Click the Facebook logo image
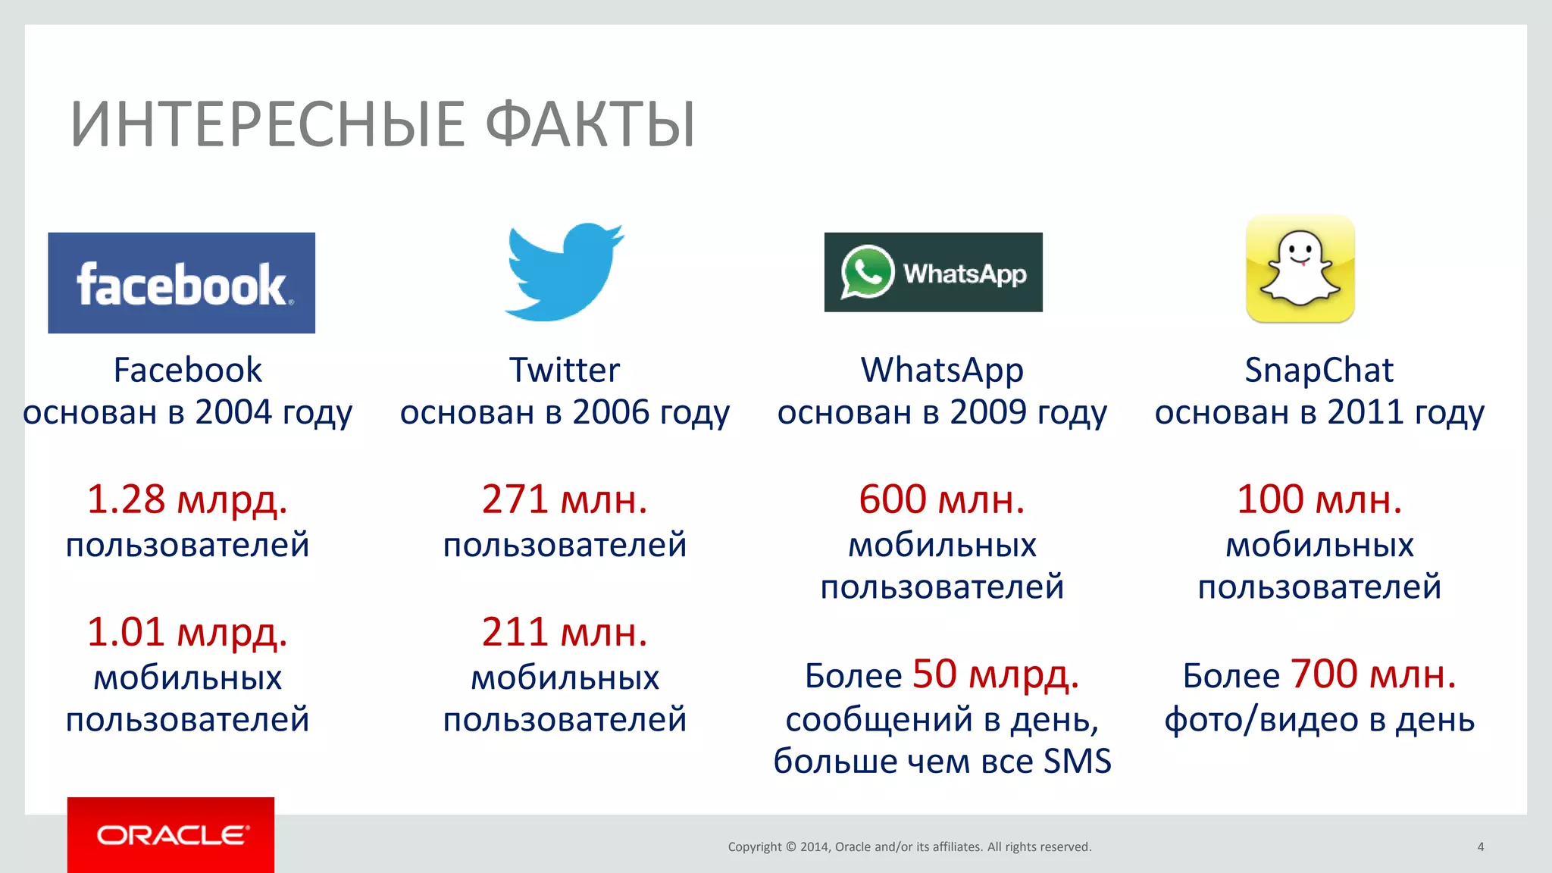click(x=181, y=283)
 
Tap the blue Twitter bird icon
click(x=564, y=271)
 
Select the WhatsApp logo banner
click(x=933, y=272)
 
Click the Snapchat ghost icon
click(x=1300, y=269)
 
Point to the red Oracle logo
click(x=171, y=834)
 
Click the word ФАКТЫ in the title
click(x=590, y=124)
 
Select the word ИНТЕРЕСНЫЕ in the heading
click(x=268, y=124)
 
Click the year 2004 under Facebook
click(x=233, y=412)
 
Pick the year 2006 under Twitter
click(x=611, y=412)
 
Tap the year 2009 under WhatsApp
click(x=988, y=412)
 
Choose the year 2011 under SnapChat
click(x=1366, y=412)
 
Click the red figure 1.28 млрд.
click(x=187, y=499)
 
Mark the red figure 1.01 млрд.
click(x=187, y=632)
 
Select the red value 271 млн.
click(x=565, y=499)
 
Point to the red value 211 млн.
click(x=565, y=632)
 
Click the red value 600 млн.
click(x=942, y=499)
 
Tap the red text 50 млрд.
click(x=996, y=674)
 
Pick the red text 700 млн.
click(x=1373, y=674)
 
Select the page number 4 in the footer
click(x=1480, y=846)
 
